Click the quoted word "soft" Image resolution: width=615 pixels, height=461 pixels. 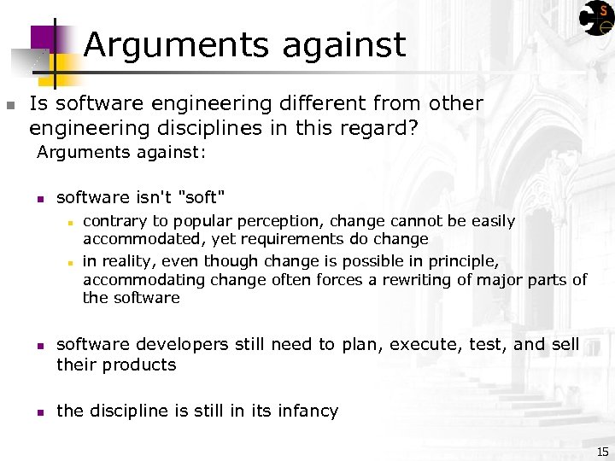click(x=202, y=198)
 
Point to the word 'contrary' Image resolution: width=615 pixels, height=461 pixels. click(x=115, y=221)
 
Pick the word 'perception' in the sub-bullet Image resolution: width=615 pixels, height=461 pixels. click(x=267, y=221)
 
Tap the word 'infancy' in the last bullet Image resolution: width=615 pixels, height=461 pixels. click(x=306, y=411)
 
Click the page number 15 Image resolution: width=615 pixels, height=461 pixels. click(x=602, y=451)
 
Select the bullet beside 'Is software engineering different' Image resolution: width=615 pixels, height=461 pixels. click(x=9, y=106)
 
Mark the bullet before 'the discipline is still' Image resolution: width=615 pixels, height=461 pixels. click(x=39, y=412)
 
